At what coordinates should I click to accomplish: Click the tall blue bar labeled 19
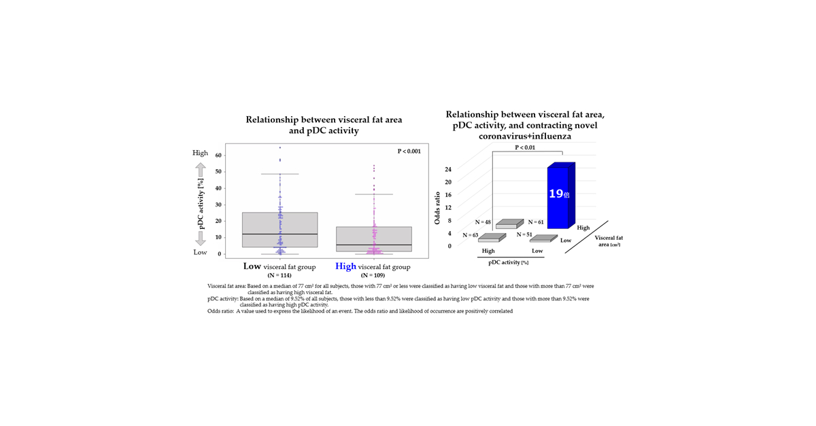(560, 197)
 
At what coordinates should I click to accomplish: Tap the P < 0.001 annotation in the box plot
(409, 151)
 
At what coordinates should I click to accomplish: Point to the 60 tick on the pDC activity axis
(219, 156)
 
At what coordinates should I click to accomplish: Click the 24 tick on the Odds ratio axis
(448, 168)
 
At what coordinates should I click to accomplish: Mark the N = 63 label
(471, 235)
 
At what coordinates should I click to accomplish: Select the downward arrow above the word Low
(201, 237)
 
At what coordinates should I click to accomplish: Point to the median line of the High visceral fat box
(373, 245)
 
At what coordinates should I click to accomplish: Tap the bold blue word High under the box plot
(345, 266)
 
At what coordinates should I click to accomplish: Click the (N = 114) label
(279, 276)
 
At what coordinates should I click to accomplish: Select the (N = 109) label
(373, 276)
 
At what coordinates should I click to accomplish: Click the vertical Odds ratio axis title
(437, 207)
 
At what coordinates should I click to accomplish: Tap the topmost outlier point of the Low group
(279, 147)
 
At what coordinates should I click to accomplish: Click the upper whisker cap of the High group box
(373, 194)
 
